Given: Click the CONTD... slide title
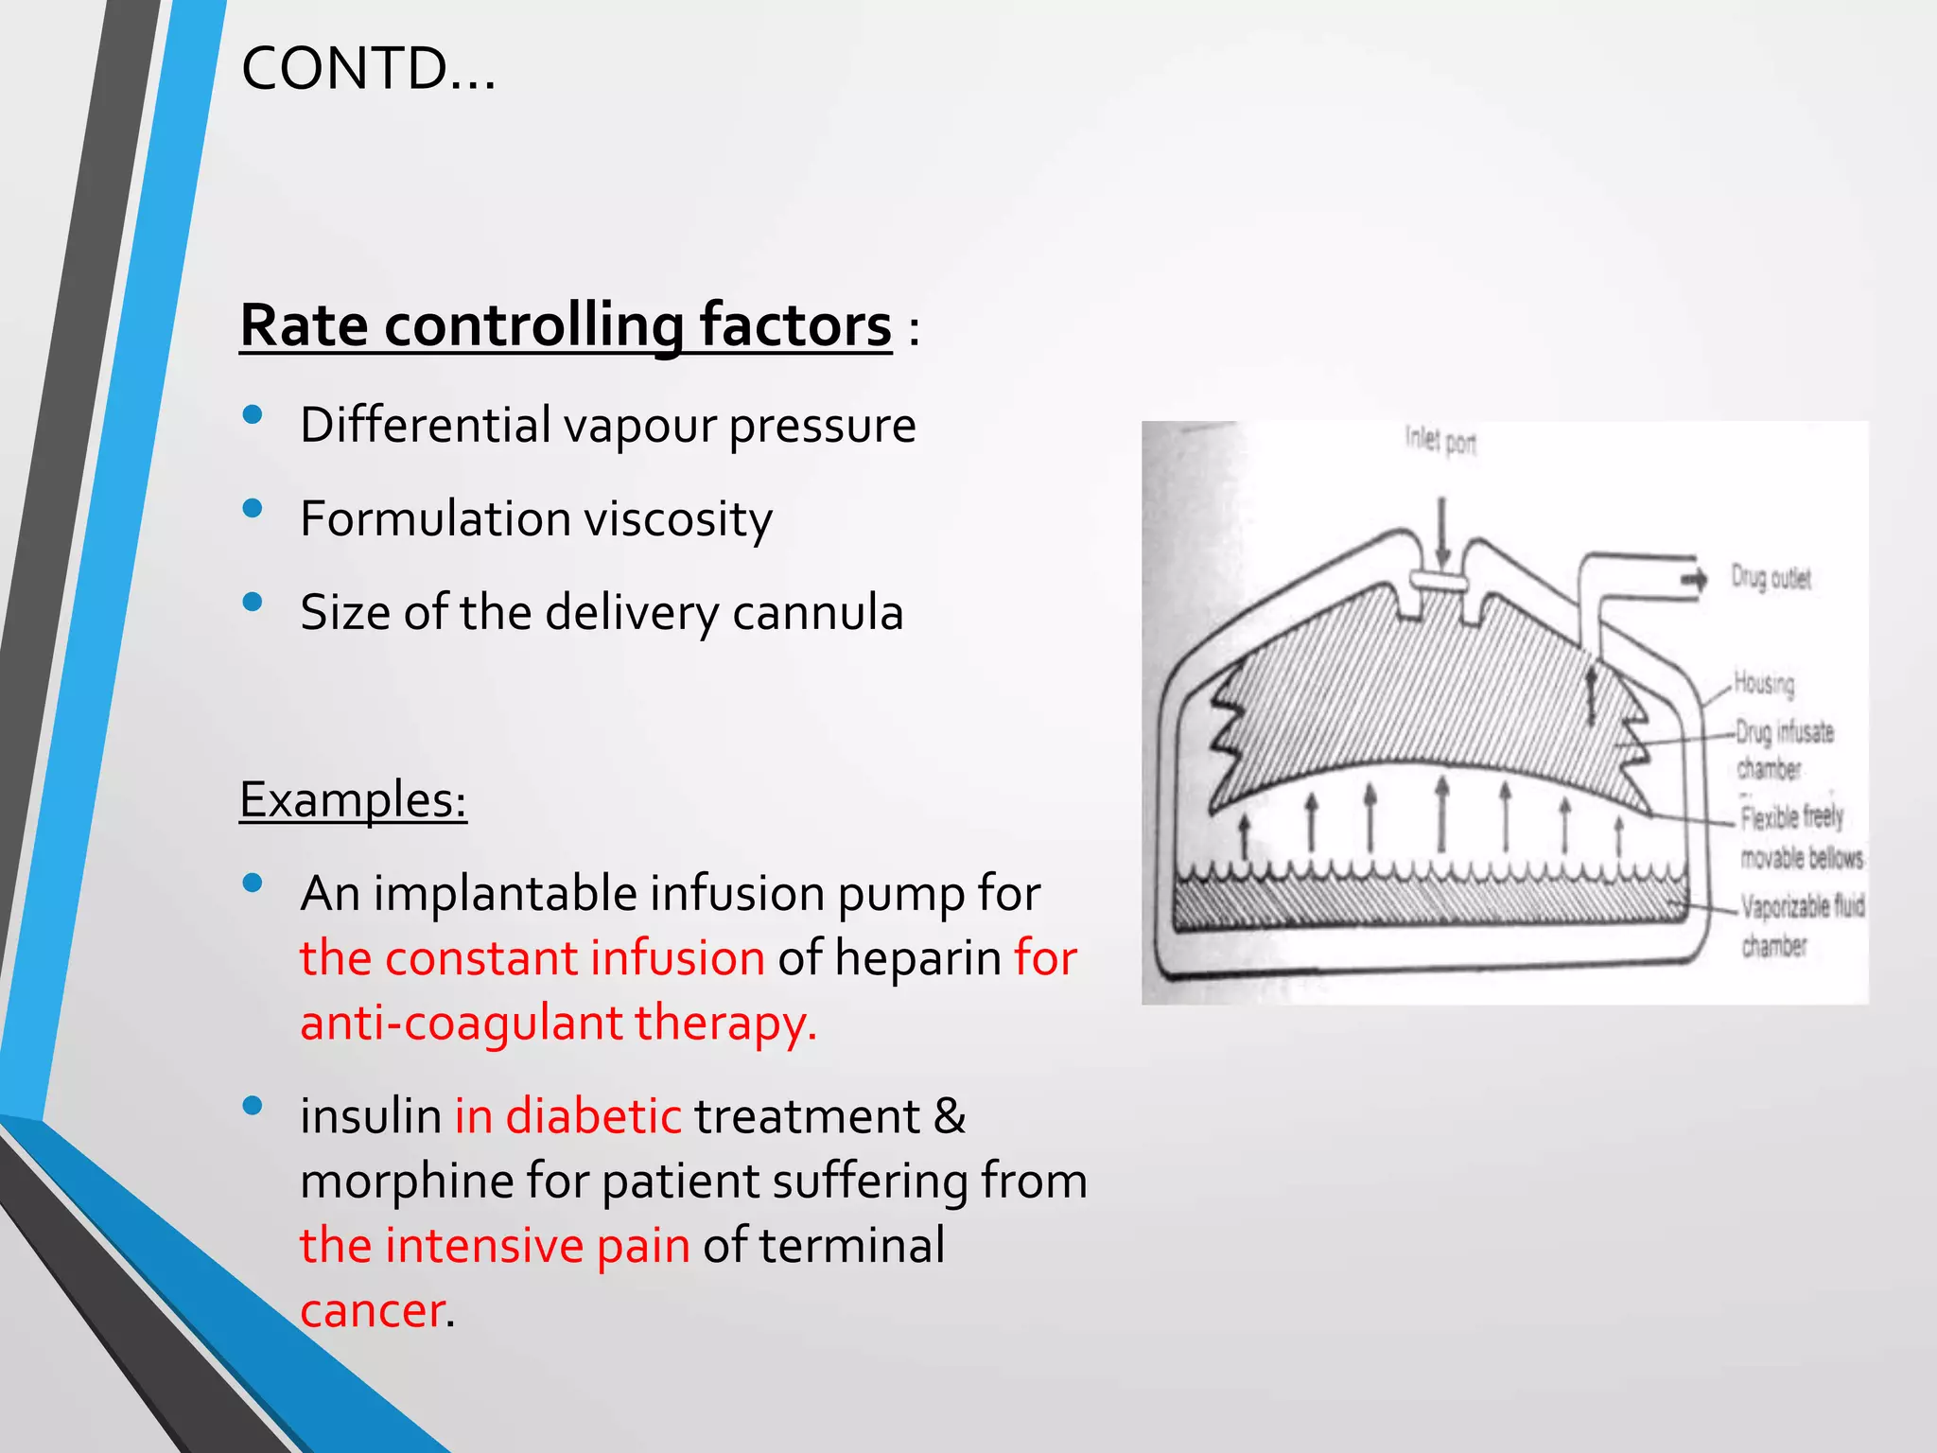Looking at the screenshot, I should point(368,70).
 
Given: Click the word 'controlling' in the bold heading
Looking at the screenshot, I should point(533,325).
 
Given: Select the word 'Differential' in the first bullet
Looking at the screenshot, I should point(425,425).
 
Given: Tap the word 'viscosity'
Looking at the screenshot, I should point(678,519).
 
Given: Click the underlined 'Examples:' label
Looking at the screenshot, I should point(353,800).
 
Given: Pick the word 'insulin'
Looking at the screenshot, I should point(370,1116).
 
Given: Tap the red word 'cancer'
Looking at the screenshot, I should point(372,1311).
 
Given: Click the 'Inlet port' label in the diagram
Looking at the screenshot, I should point(1440,441).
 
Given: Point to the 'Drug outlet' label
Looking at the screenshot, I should point(1771,578).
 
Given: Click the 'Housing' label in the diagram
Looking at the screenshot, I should point(1764,683).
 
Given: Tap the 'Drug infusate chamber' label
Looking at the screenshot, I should point(1783,749).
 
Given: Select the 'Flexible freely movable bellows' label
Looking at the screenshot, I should point(1801,836).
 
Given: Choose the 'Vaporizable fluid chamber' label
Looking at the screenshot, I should point(1802,924).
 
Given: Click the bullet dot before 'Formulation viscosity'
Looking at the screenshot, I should point(252,509).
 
